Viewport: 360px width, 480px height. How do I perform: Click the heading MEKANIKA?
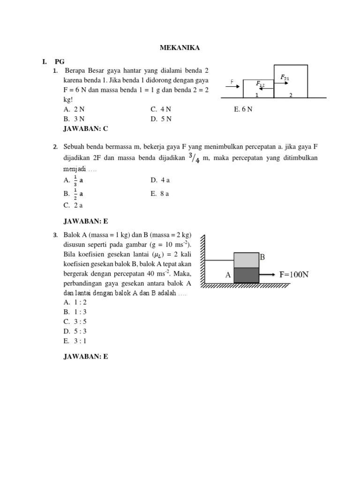180,48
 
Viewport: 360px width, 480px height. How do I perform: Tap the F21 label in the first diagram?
285,77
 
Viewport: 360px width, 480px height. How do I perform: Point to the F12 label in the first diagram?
260,84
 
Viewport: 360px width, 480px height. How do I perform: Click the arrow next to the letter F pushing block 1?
236,85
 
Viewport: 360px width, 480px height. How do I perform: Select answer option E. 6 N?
243,109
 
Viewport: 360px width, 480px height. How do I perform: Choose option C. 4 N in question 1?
161,109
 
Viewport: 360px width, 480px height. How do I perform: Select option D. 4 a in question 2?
160,180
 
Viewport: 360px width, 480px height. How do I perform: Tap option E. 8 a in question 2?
160,193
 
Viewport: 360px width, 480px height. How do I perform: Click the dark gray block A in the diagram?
246,275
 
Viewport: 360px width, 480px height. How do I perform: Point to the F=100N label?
293,275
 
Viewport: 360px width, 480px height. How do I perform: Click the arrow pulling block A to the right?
267,275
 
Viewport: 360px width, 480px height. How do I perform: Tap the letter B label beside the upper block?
262,257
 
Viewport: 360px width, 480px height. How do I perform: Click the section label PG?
60,61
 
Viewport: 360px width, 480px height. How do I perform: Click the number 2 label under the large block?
291,95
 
